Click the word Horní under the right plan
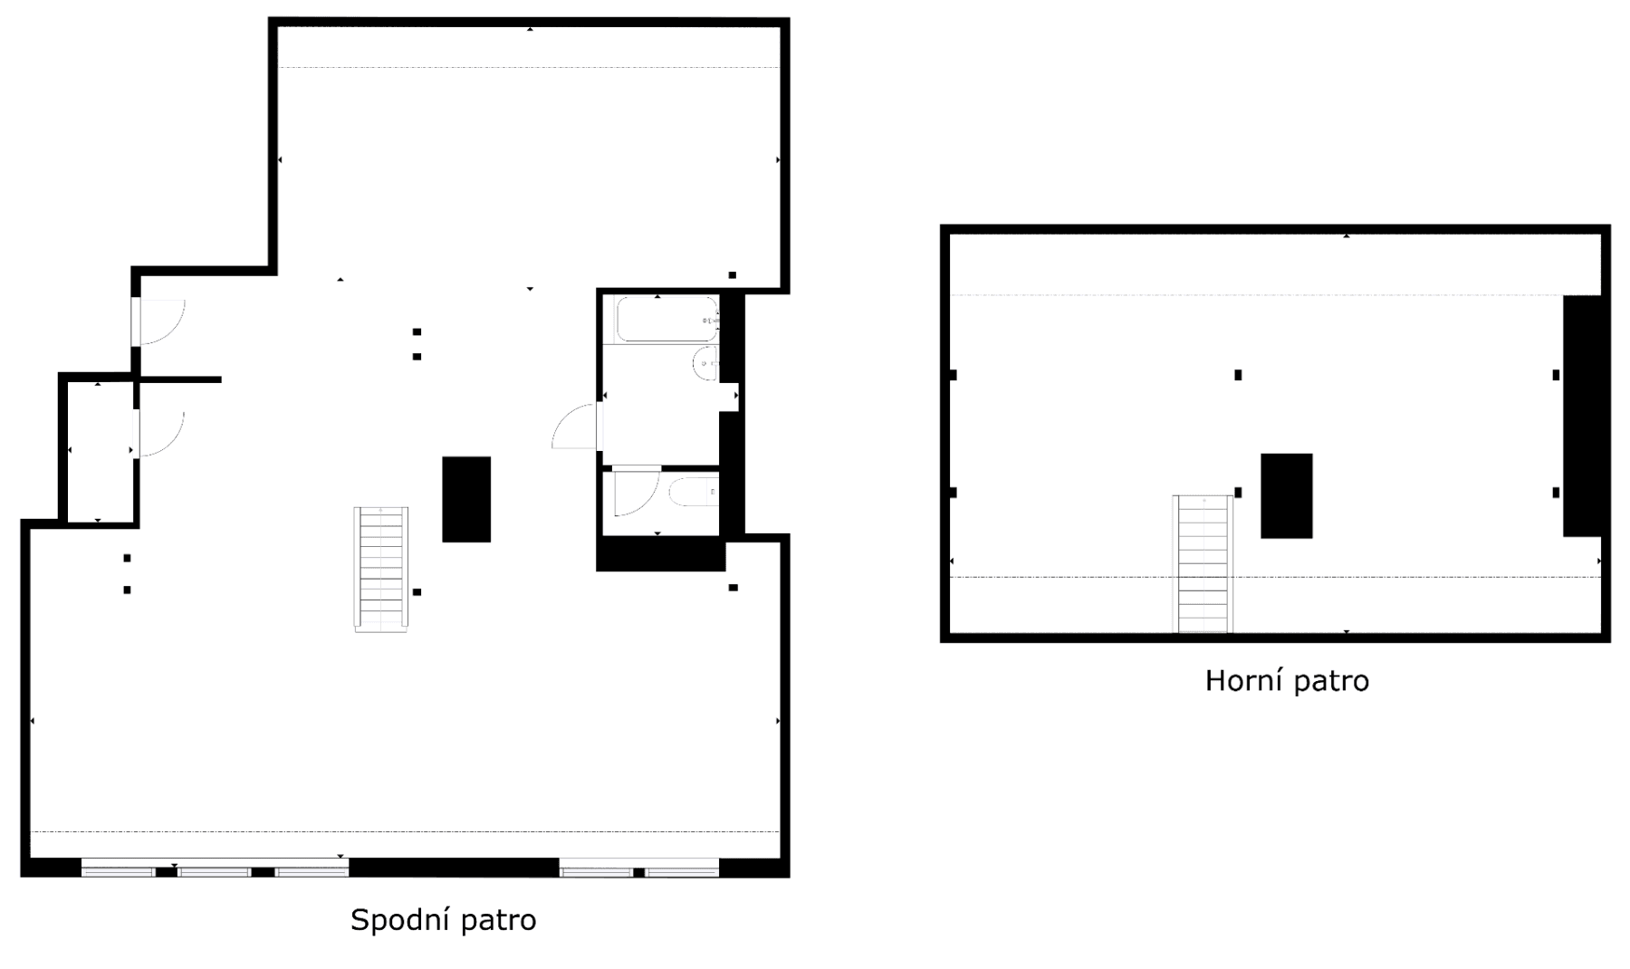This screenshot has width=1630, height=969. pos(1237,680)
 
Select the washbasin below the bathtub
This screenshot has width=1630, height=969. pos(705,364)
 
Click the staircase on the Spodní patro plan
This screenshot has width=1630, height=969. pos(380,568)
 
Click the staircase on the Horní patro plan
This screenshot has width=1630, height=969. pos(1203,563)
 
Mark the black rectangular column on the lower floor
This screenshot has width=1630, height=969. pos(466,499)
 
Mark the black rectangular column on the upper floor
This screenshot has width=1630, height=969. pos(1286,495)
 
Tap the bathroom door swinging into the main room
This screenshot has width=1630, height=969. pos(575,427)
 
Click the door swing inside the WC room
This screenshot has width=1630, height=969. pos(634,491)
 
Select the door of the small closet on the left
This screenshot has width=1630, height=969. pos(159,435)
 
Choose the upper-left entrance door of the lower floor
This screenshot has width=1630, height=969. pos(159,322)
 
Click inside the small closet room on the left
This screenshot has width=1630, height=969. pos(99,450)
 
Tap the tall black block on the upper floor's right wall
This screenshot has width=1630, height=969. pos(1581,416)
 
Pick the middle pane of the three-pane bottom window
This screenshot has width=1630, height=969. pos(214,872)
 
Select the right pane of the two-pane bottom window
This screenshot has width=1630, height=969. pos(682,872)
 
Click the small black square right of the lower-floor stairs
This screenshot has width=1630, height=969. pos(417,592)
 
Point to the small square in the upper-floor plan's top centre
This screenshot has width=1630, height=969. pos(1238,375)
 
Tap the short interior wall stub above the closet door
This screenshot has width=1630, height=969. pos(179,379)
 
